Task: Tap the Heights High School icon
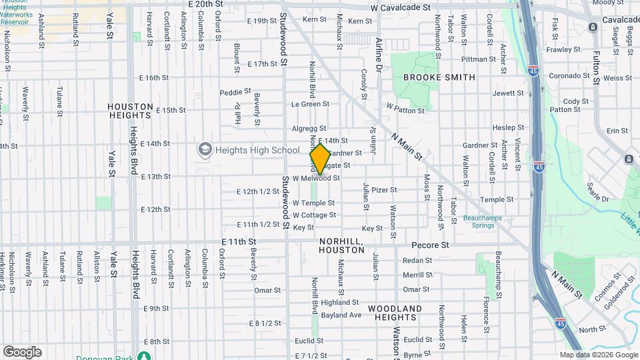(x=205, y=150)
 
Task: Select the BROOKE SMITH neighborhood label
(x=439, y=77)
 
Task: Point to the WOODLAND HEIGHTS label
(x=395, y=313)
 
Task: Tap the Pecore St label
(x=430, y=245)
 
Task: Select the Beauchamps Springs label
(x=480, y=221)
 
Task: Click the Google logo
(x=22, y=352)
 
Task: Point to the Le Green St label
(x=311, y=104)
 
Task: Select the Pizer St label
(x=384, y=190)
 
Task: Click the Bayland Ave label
(x=341, y=315)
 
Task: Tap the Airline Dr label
(x=379, y=51)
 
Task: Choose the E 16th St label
(x=154, y=77)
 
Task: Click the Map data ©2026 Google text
(x=599, y=355)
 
